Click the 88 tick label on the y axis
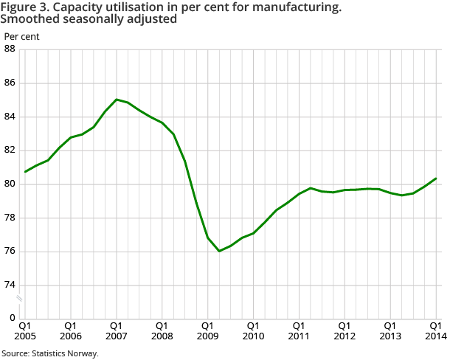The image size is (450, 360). [x=10, y=49]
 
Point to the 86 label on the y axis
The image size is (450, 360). [x=10, y=83]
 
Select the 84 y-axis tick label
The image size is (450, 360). [x=10, y=117]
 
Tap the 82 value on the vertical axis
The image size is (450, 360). [x=10, y=150]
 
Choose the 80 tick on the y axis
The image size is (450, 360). [x=10, y=184]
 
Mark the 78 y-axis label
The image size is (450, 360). [x=10, y=218]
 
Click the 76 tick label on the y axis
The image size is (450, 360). [x=10, y=252]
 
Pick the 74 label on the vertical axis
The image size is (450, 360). [x=10, y=285]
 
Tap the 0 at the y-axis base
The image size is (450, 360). [x=12, y=319]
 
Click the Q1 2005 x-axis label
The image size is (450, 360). [x=24, y=330]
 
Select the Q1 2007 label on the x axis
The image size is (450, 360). [x=116, y=330]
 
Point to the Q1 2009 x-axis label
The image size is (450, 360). [x=207, y=330]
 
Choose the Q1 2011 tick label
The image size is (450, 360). [x=299, y=330]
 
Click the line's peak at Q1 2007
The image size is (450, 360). [x=116, y=99]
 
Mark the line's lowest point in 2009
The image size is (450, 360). [x=219, y=251]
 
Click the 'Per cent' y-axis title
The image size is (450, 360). [x=22, y=35]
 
